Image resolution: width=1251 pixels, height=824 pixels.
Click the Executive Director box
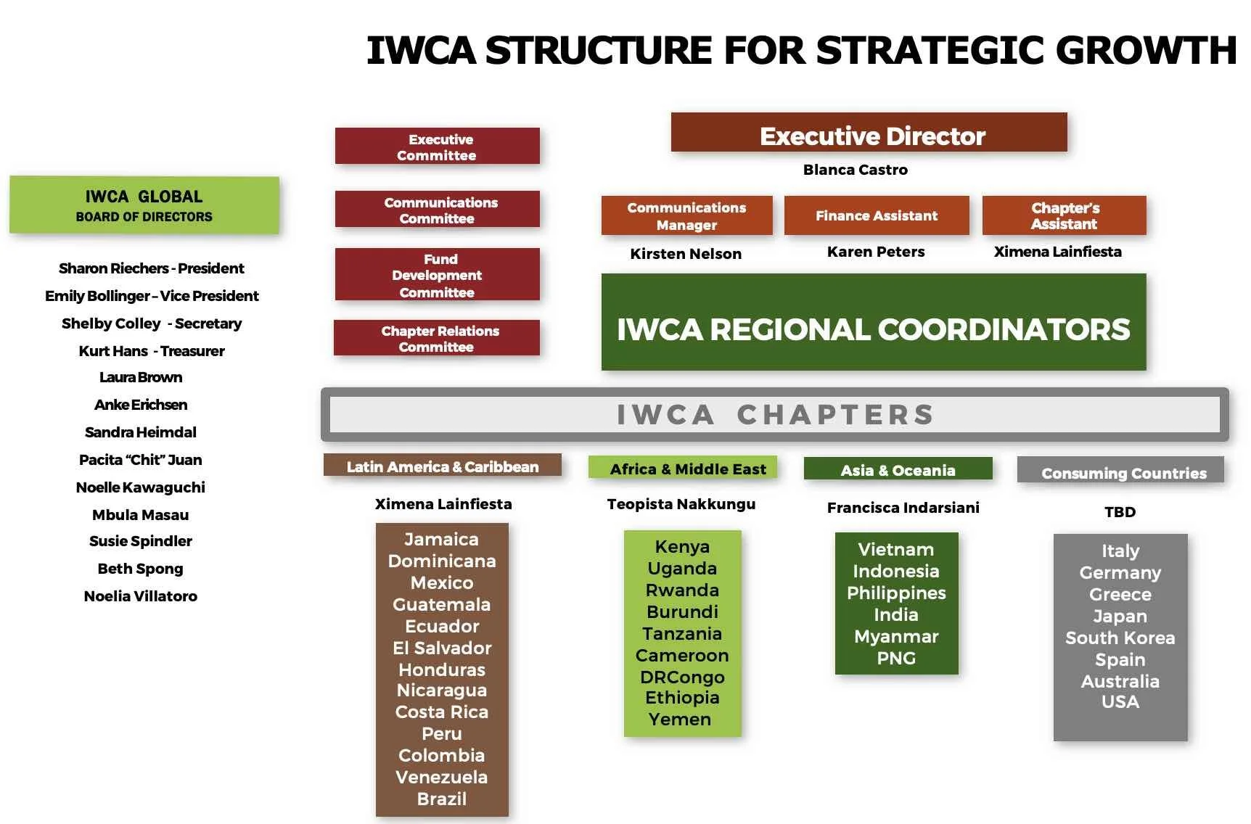point(869,133)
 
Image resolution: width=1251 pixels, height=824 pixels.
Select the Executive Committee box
point(437,147)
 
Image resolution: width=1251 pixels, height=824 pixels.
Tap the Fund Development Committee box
point(437,275)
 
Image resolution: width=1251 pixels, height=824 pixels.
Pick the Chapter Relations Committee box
point(437,338)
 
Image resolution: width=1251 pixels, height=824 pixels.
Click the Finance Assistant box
point(876,215)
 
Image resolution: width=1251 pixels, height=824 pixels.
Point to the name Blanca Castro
point(855,170)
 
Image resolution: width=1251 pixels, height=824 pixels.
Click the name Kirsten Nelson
point(686,254)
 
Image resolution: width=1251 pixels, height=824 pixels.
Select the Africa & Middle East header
point(683,469)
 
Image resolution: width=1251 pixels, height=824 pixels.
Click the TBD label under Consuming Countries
point(1120,512)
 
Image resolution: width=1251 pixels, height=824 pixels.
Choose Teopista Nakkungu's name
point(681,504)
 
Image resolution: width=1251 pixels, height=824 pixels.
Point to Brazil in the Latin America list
point(442,799)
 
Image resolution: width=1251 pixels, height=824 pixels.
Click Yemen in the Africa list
point(680,720)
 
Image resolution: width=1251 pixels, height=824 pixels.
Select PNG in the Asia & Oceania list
point(896,658)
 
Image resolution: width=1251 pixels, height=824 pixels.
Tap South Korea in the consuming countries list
point(1120,638)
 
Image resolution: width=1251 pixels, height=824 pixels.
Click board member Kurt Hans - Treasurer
point(152,351)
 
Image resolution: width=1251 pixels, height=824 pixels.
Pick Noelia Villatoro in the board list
point(141,596)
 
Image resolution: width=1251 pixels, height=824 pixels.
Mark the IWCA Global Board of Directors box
point(144,205)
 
